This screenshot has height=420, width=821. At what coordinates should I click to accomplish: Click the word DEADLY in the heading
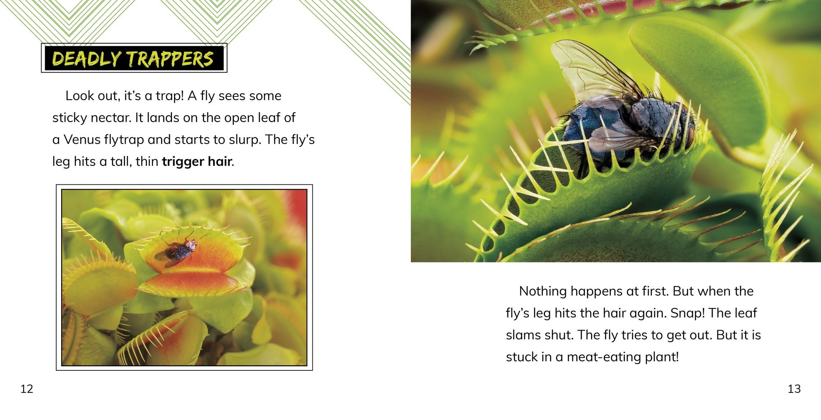click(87, 59)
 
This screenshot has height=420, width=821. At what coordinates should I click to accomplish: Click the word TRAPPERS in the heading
click(170, 59)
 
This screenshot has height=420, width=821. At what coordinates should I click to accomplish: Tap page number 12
click(27, 389)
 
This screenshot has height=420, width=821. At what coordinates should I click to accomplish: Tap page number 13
click(794, 389)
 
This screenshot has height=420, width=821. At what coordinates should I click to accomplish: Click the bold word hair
click(220, 161)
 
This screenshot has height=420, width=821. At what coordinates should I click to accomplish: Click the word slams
click(523, 335)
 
